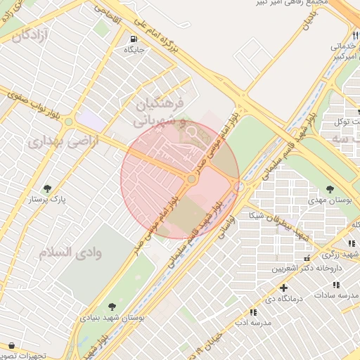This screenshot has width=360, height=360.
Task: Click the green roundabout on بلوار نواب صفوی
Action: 68,122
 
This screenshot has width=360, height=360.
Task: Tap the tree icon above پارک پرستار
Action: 47,188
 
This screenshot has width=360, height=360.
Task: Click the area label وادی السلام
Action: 78,252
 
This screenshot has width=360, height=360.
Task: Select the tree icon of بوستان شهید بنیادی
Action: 112,307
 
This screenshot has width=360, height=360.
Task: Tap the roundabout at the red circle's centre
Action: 191,179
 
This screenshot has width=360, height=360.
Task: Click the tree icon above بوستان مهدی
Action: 330,188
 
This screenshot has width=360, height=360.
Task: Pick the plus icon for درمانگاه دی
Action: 283,288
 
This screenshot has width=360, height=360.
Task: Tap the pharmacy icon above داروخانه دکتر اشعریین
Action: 306,258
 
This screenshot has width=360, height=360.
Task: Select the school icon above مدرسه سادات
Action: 336,284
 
